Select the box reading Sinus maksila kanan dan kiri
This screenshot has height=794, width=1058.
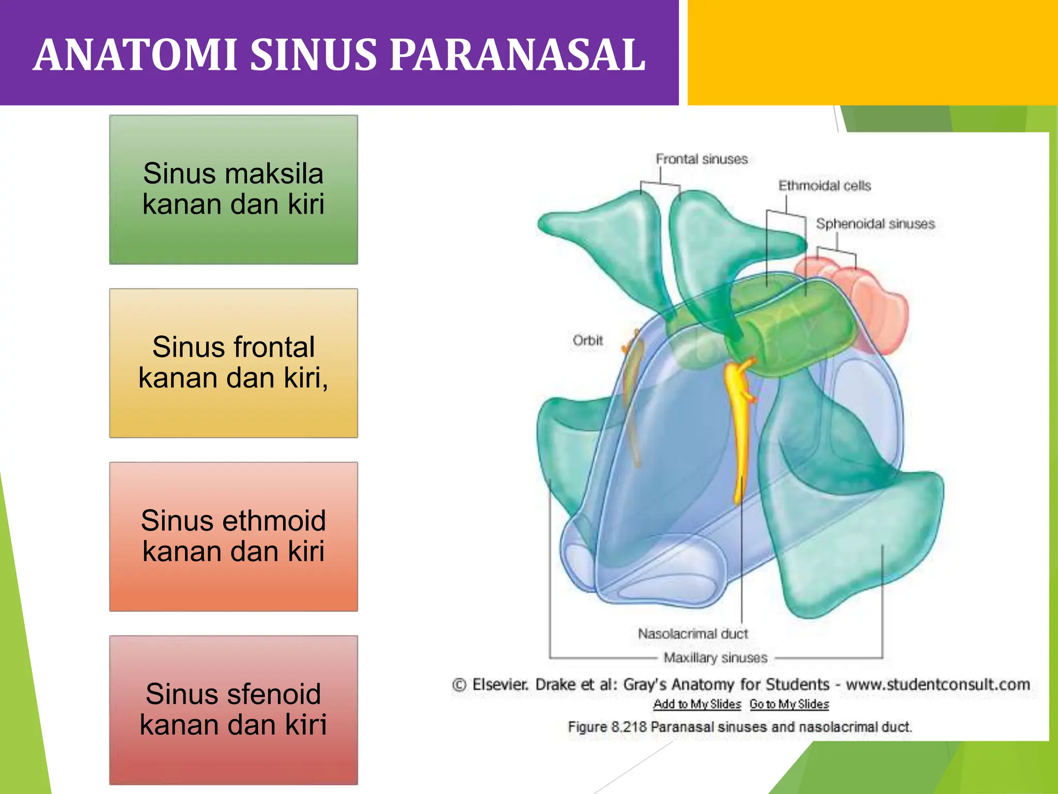coord(234,189)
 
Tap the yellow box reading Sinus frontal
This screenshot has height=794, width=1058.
coord(234,363)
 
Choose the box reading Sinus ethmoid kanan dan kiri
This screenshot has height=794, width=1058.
coord(234,536)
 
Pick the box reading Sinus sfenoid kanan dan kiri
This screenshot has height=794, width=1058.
coord(234,710)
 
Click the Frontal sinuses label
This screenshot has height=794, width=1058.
coord(702,159)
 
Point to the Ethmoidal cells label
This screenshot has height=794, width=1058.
coord(824,186)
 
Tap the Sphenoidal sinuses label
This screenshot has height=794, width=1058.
coord(875,224)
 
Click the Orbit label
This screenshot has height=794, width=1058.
coord(587,341)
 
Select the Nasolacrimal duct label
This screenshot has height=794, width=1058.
coord(693,634)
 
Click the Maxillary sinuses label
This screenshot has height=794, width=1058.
coord(715,658)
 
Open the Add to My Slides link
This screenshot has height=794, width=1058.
coord(697,704)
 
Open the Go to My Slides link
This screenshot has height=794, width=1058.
coord(789,704)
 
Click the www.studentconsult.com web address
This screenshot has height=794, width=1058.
coord(938,684)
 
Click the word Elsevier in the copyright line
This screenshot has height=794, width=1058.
coord(500,684)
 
